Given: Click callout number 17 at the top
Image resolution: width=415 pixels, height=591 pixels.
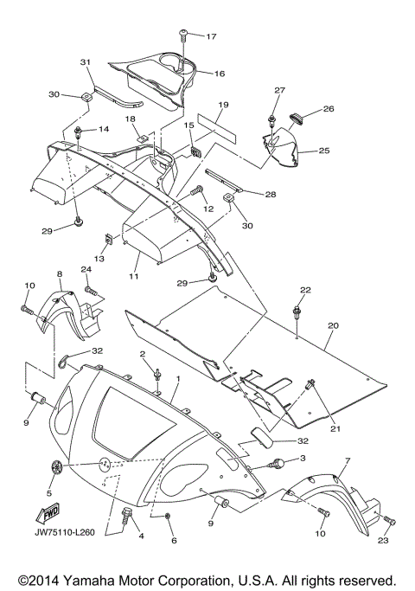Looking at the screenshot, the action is coord(211,36).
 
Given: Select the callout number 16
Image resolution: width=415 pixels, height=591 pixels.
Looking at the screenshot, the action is coord(220,74).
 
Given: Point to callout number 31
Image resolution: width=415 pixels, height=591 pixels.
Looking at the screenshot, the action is coord(86,61).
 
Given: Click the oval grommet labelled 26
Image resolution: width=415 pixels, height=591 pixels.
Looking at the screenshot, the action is coord(297,117).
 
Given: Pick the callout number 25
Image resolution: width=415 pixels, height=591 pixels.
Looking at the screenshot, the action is coord(324,151).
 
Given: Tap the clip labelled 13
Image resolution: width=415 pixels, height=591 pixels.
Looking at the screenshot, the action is coord(108,239).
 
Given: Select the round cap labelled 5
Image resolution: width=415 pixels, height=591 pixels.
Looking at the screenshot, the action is coord(56,467).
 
